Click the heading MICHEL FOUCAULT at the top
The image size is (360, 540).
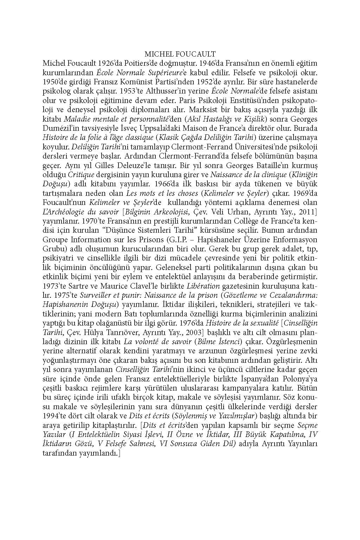click(180, 54)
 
